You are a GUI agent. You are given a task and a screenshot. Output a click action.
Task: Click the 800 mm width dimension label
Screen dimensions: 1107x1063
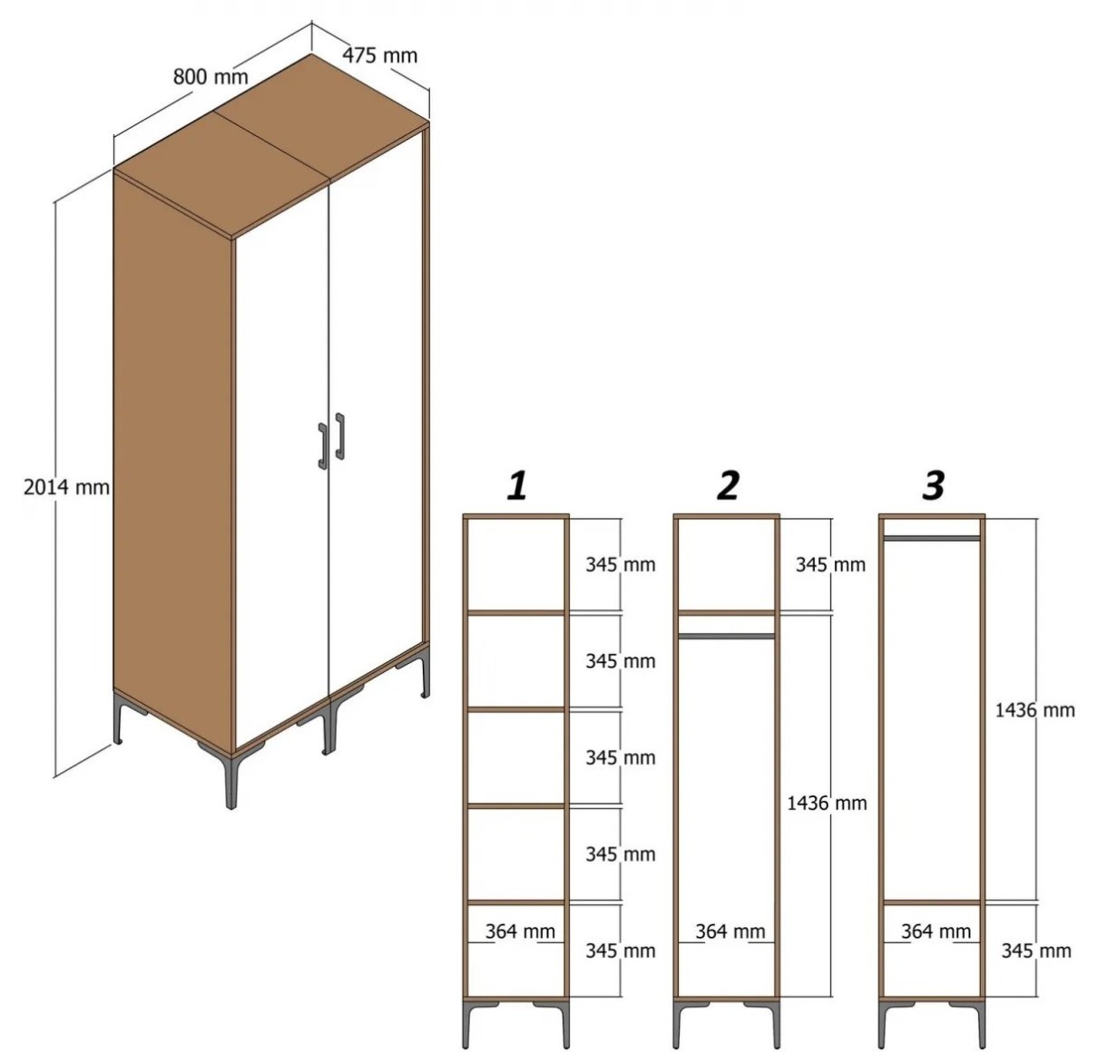(x=211, y=76)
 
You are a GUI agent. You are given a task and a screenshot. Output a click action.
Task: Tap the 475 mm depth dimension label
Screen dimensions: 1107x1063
(x=379, y=55)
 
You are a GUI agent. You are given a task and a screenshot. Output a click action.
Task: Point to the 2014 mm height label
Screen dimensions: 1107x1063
(x=66, y=487)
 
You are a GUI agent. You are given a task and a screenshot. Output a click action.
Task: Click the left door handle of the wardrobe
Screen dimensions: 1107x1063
(x=322, y=446)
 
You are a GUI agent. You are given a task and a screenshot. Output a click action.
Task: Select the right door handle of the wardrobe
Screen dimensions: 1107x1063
(x=340, y=436)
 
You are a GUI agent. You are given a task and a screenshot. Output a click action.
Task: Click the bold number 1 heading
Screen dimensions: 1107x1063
(x=517, y=486)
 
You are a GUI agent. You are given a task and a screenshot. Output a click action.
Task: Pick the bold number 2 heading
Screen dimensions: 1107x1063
(x=728, y=486)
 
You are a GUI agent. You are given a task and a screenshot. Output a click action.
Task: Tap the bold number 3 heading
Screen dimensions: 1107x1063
(x=934, y=486)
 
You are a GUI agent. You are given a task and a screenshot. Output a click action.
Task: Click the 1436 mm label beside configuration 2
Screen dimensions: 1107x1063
(x=827, y=803)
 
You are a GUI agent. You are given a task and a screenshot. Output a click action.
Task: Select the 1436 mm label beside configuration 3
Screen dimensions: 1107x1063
(x=1034, y=710)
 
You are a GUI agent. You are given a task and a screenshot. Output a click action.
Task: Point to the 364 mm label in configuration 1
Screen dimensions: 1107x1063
(x=520, y=931)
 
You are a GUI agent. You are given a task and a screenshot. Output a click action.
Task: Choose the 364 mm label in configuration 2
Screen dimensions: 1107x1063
(x=730, y=931)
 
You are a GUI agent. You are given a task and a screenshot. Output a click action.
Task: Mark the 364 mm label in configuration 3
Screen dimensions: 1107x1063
(x=936, y=931)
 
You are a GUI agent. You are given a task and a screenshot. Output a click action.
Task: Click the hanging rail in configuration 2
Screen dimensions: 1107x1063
(x=727, y=636)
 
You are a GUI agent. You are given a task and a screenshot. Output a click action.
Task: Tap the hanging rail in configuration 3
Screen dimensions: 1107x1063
(x=932, y=538)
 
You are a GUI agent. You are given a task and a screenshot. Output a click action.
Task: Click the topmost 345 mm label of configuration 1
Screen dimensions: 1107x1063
(x=621, y=564)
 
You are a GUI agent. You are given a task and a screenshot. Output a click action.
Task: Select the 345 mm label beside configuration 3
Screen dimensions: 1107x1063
(x=1036, y=951)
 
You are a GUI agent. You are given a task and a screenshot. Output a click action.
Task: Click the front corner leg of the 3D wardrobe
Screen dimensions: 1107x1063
(x=230, y=780)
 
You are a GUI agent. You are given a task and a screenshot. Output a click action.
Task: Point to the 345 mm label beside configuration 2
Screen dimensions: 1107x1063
(x=830, y=564)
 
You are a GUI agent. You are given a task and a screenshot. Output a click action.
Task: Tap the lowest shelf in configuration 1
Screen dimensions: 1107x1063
(x=516, y=902)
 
